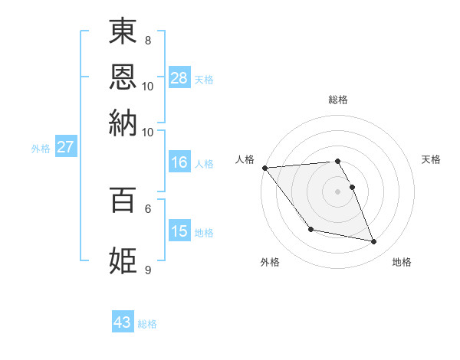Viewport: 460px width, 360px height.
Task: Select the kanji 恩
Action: [x=123, y=76]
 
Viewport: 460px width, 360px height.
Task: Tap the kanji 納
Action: [x=123, y=122]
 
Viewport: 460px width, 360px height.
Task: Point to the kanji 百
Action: [x=123, y=200]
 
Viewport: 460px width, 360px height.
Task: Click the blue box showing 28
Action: [x=179, y=77]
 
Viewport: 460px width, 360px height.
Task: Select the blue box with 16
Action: [x=179, y=162]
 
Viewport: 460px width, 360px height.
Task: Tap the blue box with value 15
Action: [x=179, y=231]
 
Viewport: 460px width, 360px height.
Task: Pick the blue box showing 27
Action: [x=65, y=147]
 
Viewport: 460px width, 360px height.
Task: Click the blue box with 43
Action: [x=123, y=322]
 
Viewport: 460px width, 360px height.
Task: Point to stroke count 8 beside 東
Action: [x=148, y=40]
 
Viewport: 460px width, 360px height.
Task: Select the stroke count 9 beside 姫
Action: [x=148, y=270]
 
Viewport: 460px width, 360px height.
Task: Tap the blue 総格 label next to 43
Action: [x=147, y=324]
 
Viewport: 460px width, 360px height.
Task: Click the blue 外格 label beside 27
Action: [x=41, y=149]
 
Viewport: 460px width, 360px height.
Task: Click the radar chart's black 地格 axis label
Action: [x=402, y=262]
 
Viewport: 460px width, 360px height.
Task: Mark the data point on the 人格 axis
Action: [x=265, y=168]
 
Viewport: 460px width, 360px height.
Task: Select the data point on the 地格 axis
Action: [x=374, y=242]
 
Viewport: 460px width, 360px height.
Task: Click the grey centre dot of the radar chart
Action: [x=338, y=191]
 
